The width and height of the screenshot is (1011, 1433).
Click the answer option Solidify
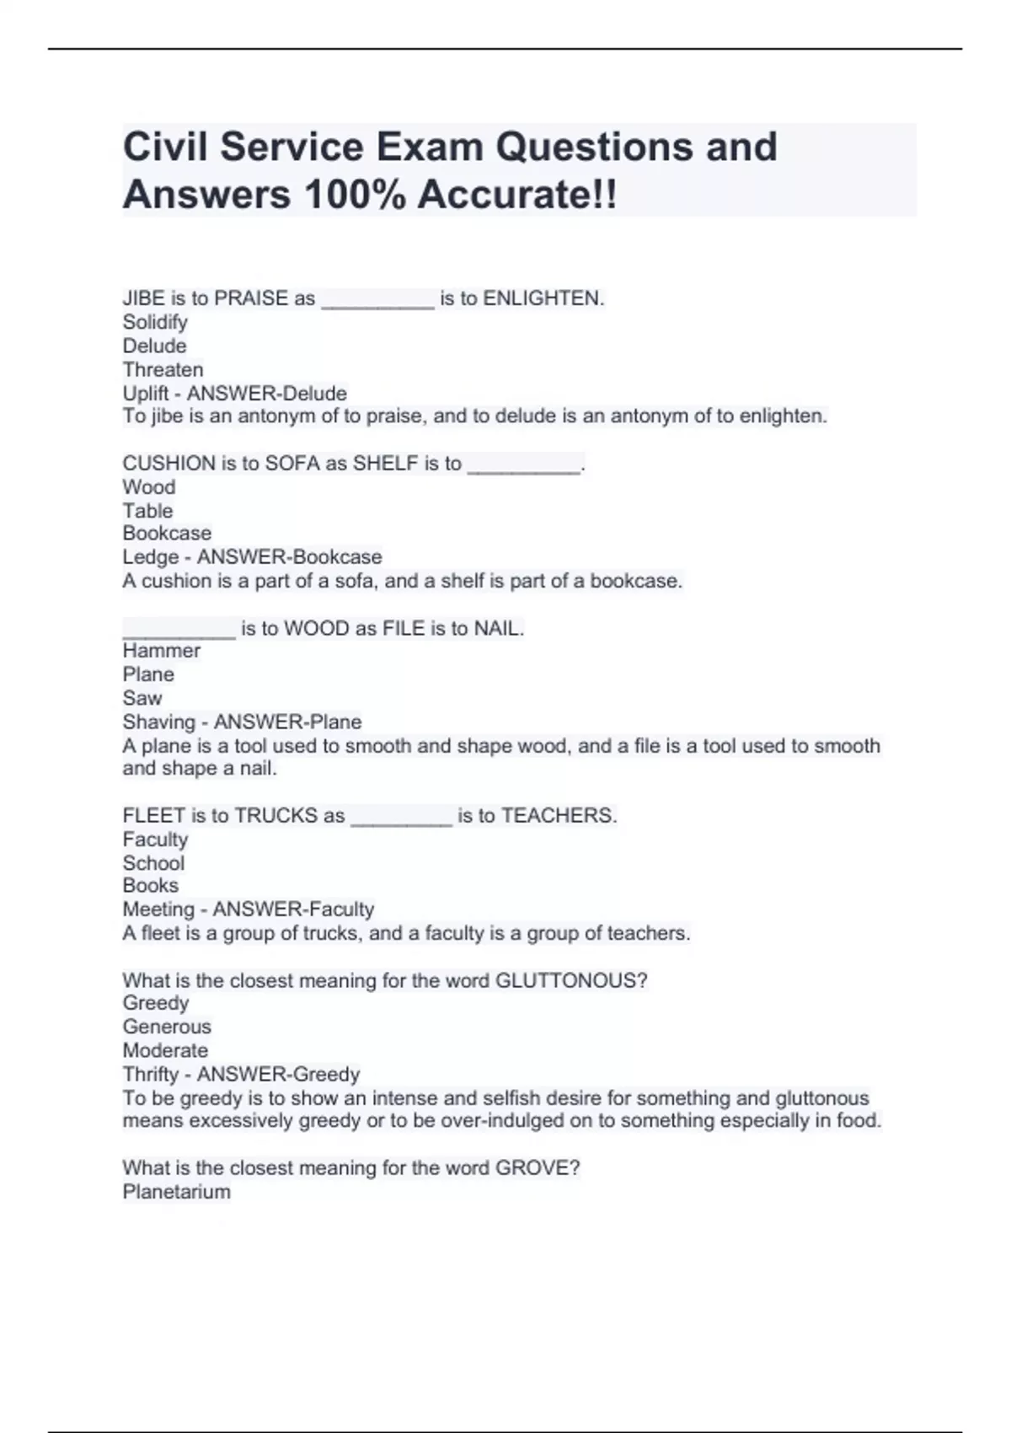click(155, 322)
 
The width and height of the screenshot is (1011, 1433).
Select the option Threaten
click(163, 369)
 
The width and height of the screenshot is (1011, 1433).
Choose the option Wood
click(149, 487)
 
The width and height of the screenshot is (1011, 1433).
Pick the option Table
click(147, 511)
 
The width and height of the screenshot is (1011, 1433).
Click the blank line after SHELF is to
click(523, 465)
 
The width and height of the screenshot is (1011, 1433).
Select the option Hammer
click(161, 651)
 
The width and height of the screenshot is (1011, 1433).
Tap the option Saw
click(142, 698)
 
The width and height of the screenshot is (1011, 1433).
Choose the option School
click(153, 863)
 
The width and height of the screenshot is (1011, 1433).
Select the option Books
click(150, 886)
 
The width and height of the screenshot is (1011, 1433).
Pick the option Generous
click(167, 1027)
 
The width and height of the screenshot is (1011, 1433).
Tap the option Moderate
click(165, 1050)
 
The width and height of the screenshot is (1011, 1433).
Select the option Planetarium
click(176, 1192)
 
